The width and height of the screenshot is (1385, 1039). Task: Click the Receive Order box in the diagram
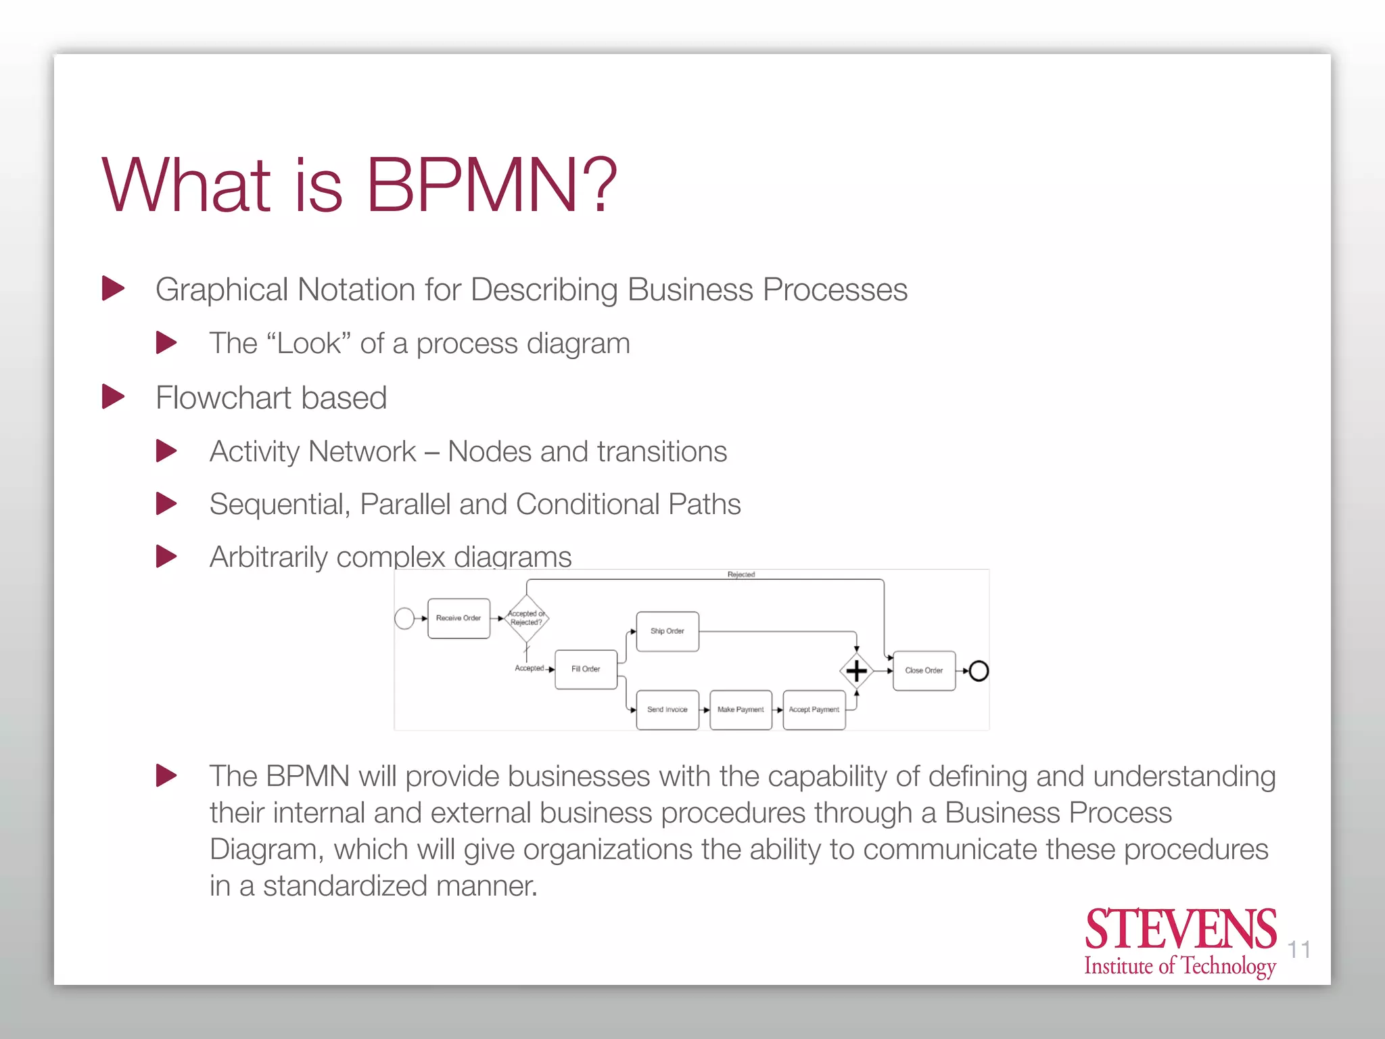[459, 618]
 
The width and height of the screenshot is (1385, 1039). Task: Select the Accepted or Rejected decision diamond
[526, 618]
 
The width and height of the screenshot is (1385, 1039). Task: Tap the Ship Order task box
[667, 631]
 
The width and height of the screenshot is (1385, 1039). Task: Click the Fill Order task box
[586, 669]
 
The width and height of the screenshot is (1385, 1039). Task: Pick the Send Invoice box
[667, 710]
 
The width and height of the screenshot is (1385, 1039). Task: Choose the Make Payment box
[741, 710]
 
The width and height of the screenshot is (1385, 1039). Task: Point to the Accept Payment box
[814, 710]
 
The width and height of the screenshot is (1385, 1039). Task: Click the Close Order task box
[924, 670]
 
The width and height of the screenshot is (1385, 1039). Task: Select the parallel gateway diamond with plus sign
[856, 671]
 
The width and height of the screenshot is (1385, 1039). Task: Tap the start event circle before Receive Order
[404, 618]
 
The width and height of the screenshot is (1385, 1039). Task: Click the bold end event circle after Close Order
[979, 671]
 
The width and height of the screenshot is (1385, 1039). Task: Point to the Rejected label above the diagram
[741, 574]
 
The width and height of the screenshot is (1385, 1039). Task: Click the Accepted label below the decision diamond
[529, 668]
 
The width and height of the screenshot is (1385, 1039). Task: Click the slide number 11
[1298, 950]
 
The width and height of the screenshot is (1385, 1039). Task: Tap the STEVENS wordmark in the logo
[1181, 929]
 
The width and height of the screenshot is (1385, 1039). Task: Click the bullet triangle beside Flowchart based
[113, 396]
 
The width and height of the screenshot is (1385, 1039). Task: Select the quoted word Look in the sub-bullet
[309, 344]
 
